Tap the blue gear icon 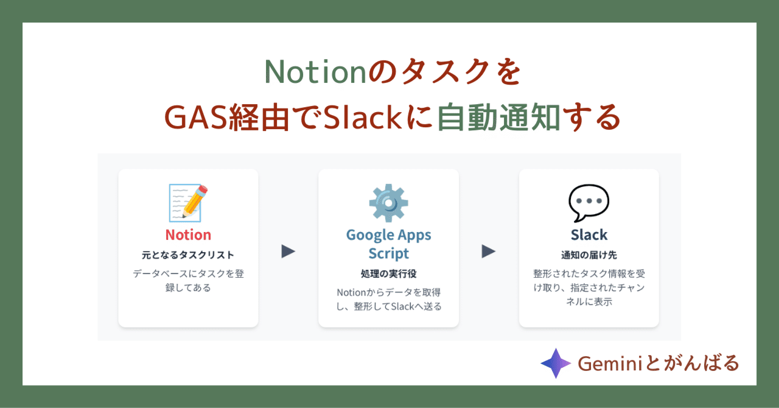click(388, 203)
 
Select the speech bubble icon click(589, 203)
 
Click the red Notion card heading click(188, 235)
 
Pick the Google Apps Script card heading click(388, 244)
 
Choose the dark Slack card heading click(589, 235)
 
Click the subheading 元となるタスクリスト click(188, 255)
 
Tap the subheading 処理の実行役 click(388, 273)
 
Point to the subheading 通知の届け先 click(589, 255)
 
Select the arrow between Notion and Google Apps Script click(288, 251)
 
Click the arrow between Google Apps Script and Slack click(489, 251)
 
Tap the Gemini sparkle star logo click(555, 364)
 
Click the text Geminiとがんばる click(658, 364)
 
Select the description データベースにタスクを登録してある click(188, 280)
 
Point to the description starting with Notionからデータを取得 click(388, 299)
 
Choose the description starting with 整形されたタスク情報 click(589, 287)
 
